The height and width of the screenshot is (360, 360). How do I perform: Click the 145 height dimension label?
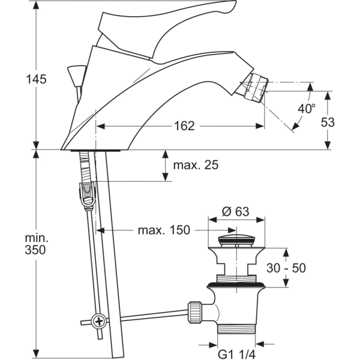[37, 79]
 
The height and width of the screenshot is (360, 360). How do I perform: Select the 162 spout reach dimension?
[185, 126]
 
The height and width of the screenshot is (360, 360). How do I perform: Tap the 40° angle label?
[306, 109]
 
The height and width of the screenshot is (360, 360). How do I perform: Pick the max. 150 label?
[163, 230]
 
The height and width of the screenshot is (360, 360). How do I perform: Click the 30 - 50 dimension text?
[287, 268]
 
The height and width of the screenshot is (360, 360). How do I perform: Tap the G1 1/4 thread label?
[236, 354]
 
